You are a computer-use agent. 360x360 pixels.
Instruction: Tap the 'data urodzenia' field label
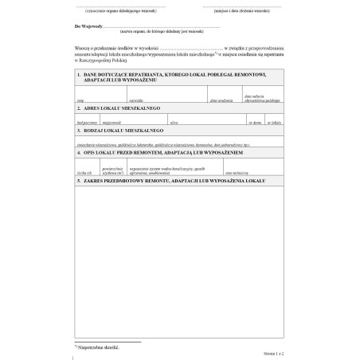(x=221, y=101)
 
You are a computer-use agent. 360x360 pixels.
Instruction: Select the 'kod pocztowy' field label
(x=86, y=124)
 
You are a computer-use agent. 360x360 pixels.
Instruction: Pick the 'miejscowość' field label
(x=112, y=124)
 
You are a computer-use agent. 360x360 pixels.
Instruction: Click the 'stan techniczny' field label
(x=235, y=172)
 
